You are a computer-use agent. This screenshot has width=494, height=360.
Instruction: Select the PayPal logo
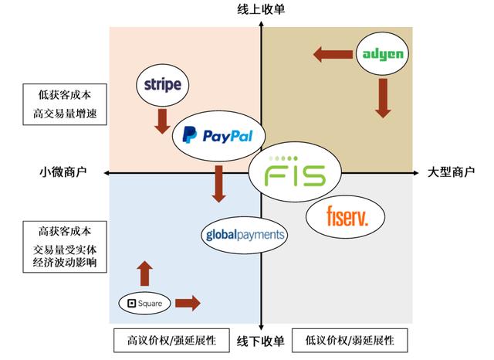(218, 136)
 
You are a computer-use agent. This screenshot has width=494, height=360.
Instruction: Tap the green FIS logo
(294, 173)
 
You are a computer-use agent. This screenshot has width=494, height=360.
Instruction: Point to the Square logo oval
(144, 304)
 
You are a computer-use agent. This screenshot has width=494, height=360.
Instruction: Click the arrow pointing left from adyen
(332, 54)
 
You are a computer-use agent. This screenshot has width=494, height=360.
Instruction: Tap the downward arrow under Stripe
(162, 120)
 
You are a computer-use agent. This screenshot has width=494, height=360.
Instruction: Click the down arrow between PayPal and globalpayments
(219, 184)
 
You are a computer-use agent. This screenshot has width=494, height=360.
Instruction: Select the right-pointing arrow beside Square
(188, 303)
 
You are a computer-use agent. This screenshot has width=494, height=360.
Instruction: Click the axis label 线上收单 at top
(262, 9)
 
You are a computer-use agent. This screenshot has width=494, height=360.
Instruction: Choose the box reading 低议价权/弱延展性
(350, 341)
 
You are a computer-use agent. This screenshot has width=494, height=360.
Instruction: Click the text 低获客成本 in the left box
(64, 96)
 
